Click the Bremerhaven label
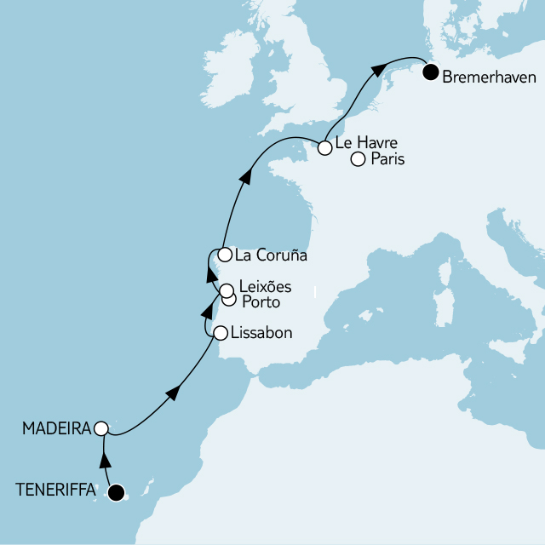pos(489,77)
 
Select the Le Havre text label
pos(366,142)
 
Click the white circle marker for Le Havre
pos(324,148)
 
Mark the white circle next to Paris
pos(358,159)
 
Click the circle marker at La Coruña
pos(223,255)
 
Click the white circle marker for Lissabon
pos(220,333)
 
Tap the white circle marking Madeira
pos(101,428)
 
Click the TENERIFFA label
pos(56,490)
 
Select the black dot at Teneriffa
pos(116,491)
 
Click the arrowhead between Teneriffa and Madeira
pos(106,461)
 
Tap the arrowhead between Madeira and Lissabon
pos(172,392)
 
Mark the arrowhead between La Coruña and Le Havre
pos(245,175)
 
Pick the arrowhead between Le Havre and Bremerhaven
pos(375,73)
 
